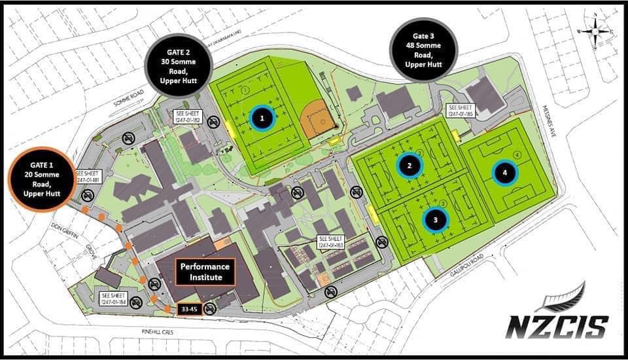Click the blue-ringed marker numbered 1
tap(262, 118)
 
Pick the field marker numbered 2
tap(410, 166)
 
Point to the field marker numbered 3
tap(435, 220)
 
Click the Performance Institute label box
tap(206, 272)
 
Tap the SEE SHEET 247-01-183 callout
tap(331, 242)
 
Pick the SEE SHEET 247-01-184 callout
tap(114, 298)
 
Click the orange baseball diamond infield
tap(320, 120)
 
